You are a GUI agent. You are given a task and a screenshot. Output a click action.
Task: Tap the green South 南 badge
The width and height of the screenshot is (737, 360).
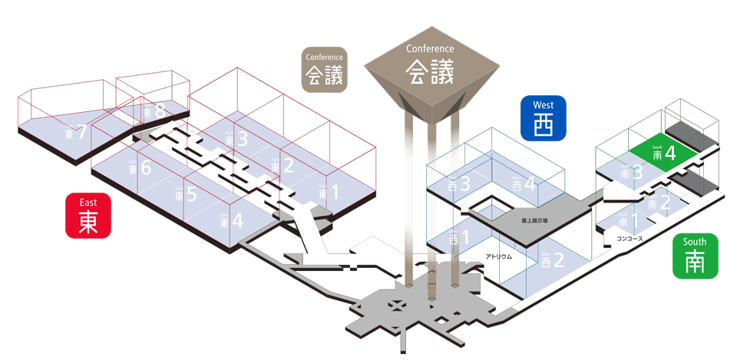pyautogui.click(x=695, y=256)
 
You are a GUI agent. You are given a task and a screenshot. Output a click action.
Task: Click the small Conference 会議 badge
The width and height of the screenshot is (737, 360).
pyautogui.click(x=324, y=70)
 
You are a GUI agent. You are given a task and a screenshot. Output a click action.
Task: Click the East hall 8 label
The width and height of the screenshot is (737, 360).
pyautogui.click(x=154, y=112)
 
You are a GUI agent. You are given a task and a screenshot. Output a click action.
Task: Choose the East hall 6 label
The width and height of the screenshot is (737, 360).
pyautogui.click(x=140, y=167)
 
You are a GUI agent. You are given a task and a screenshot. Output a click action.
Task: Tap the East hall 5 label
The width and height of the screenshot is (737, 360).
pyautogui.click(x=186, y=194)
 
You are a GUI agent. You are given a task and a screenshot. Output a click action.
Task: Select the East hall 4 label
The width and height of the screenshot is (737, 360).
pyautogui.click(x=231, y=221)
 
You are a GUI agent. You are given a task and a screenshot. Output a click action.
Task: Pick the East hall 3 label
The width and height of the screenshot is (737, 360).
pyautogui.click(x=236, y=140)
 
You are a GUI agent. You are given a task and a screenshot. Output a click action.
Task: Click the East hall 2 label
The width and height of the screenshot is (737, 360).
pyautogui.click(x=283, y=165)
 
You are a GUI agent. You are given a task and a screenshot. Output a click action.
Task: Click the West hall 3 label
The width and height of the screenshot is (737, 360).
pyautogui.click(x=458, y=184)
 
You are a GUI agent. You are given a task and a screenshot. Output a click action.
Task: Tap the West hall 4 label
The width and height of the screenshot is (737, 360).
pyautogui.click(x=524, y=183)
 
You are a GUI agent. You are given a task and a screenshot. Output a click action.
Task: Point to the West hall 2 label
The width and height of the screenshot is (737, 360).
pyautogui.click(x=553, y=260)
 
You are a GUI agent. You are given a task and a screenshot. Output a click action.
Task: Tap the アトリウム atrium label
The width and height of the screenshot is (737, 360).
pyautogui.click(x=498, y=256)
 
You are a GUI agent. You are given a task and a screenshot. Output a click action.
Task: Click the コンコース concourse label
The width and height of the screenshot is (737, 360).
pyautogui.click(x=630, y=239)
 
